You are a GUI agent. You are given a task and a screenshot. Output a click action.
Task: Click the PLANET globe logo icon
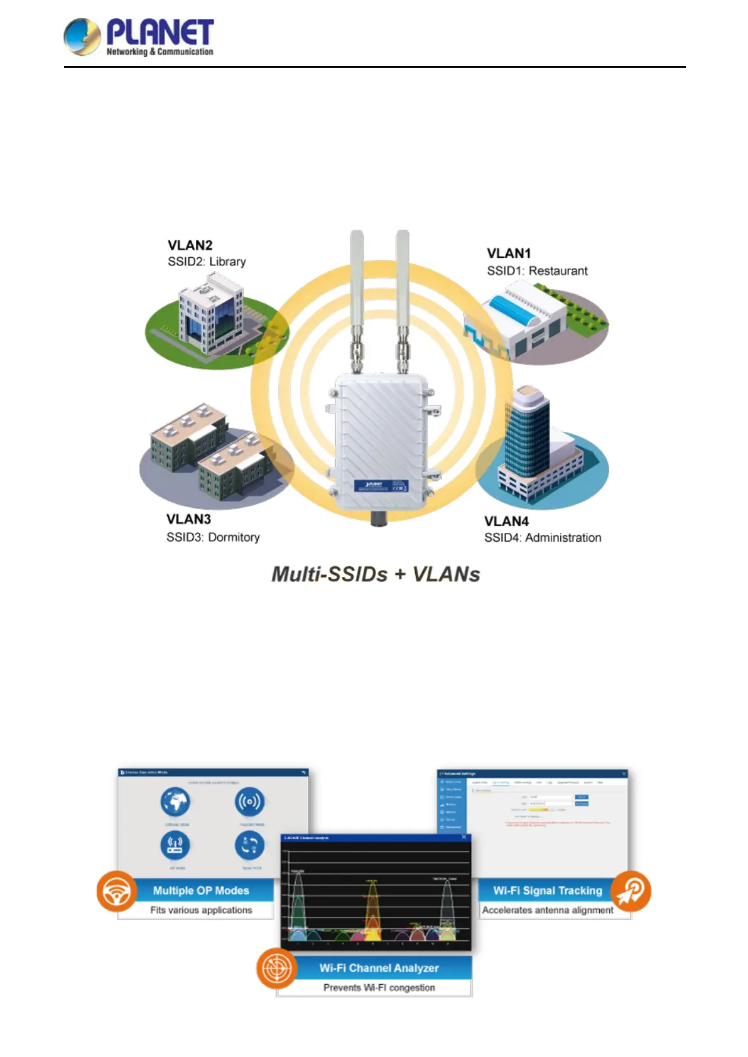[x=82, y=36]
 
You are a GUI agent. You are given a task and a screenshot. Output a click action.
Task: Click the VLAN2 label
[x=190, y=245]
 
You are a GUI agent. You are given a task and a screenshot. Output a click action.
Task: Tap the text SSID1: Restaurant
[x=537, y=271]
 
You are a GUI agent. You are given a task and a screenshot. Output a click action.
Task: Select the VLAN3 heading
[x=188, y=519]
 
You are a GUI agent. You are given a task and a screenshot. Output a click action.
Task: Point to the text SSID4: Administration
[x=543, y=538]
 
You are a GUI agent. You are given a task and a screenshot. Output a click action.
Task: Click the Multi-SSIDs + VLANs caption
[x=376, y=574]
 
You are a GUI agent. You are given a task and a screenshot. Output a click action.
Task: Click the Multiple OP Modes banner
[x=201, y=891]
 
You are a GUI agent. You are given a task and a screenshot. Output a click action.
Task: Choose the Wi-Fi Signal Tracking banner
[x=548, y=891]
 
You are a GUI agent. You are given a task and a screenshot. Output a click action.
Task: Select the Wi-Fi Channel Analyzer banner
[x=379, y=968]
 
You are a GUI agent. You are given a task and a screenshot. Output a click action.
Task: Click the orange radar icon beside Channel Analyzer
[x=276, y=968]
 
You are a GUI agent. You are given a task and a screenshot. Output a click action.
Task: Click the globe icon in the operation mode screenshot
[x=175, y=802]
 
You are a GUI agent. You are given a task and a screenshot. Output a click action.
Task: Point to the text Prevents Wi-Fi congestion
[x=379, y=987]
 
